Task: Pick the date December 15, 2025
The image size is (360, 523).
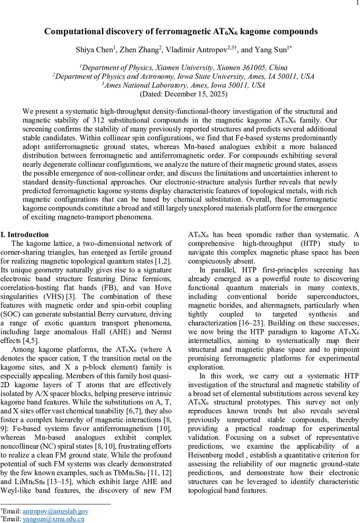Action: tap(196, 94)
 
